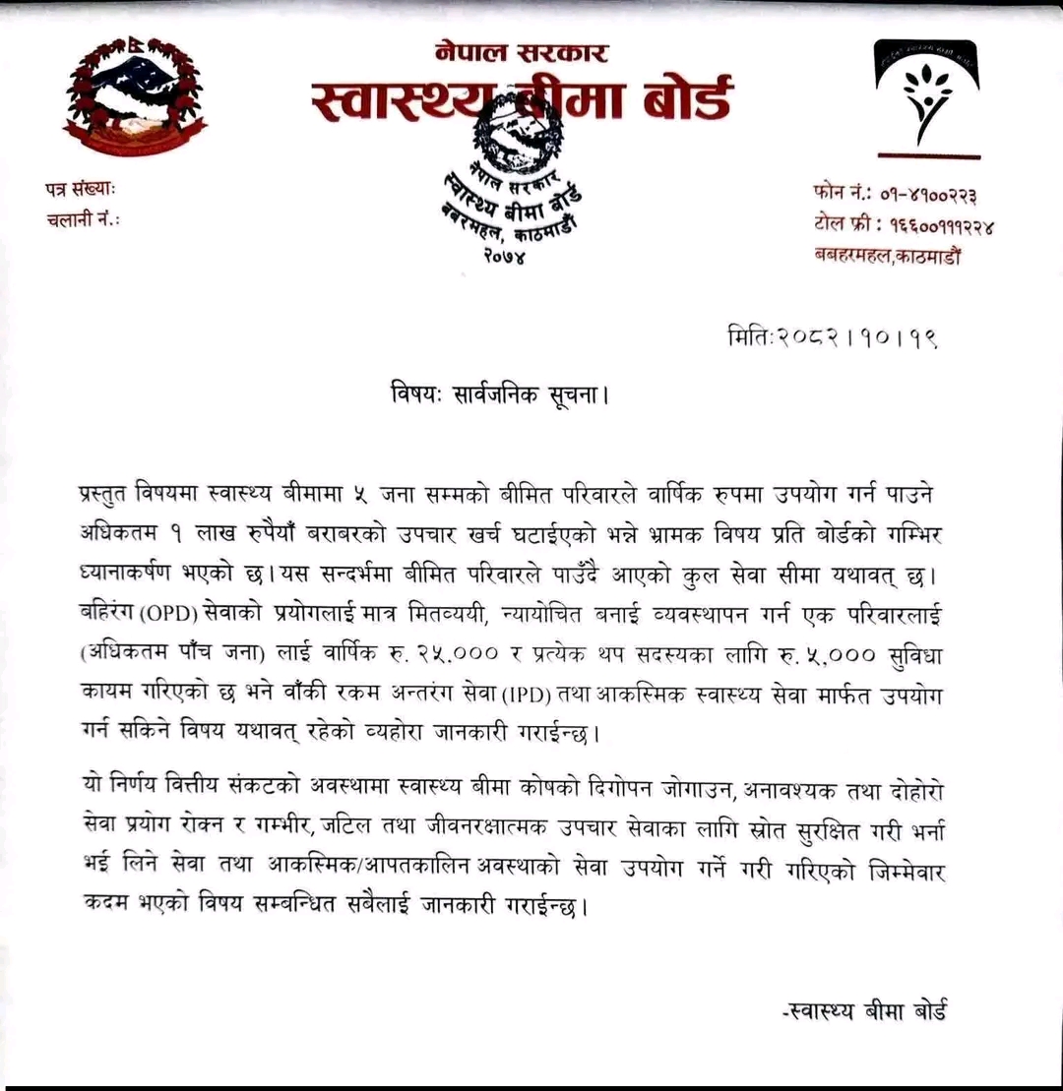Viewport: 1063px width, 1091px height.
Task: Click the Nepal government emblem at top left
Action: (135, 94)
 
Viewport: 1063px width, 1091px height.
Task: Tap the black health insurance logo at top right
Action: (927, 93)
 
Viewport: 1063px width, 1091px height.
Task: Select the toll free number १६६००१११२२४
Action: (938, 225)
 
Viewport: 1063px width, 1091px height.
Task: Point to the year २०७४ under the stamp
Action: (504, 258)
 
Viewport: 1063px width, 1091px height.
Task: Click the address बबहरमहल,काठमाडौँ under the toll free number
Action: (887, 256)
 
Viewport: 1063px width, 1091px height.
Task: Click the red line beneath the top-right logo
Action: (927, 155)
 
